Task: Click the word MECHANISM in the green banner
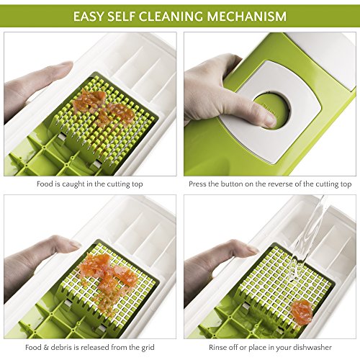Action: [x=247, y=16]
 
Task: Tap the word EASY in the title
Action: [x=89, y=16]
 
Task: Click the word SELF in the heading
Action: [x=121, y=16]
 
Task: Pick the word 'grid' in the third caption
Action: [x=148, y=348]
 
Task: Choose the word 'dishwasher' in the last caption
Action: [x=312, y=347]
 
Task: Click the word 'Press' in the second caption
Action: [x=197, y=184]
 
